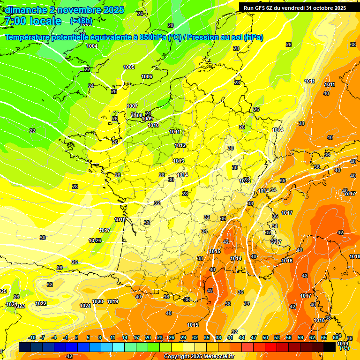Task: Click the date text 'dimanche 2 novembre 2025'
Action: point(65,10)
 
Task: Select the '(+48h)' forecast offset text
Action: point(81,21)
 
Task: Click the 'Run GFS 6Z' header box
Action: point(295,8)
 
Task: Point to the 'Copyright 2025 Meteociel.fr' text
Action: point(199,357)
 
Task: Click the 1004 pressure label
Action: point(92,46)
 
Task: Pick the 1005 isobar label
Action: point(129,67)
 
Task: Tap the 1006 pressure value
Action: point(147,76)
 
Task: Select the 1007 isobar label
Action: point(132,106)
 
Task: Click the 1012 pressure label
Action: point(180,146)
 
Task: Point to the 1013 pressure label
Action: point(178,161)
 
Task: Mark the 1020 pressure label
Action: point(98,301)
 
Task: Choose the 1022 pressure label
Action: point(41,303)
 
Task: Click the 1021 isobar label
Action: point(85,306)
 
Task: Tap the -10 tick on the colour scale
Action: point(32,337)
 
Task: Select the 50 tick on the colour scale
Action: point(265,337)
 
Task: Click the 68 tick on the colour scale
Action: point(335,337)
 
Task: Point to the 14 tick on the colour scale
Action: point(125,337)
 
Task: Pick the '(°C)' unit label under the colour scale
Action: point(344,348)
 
